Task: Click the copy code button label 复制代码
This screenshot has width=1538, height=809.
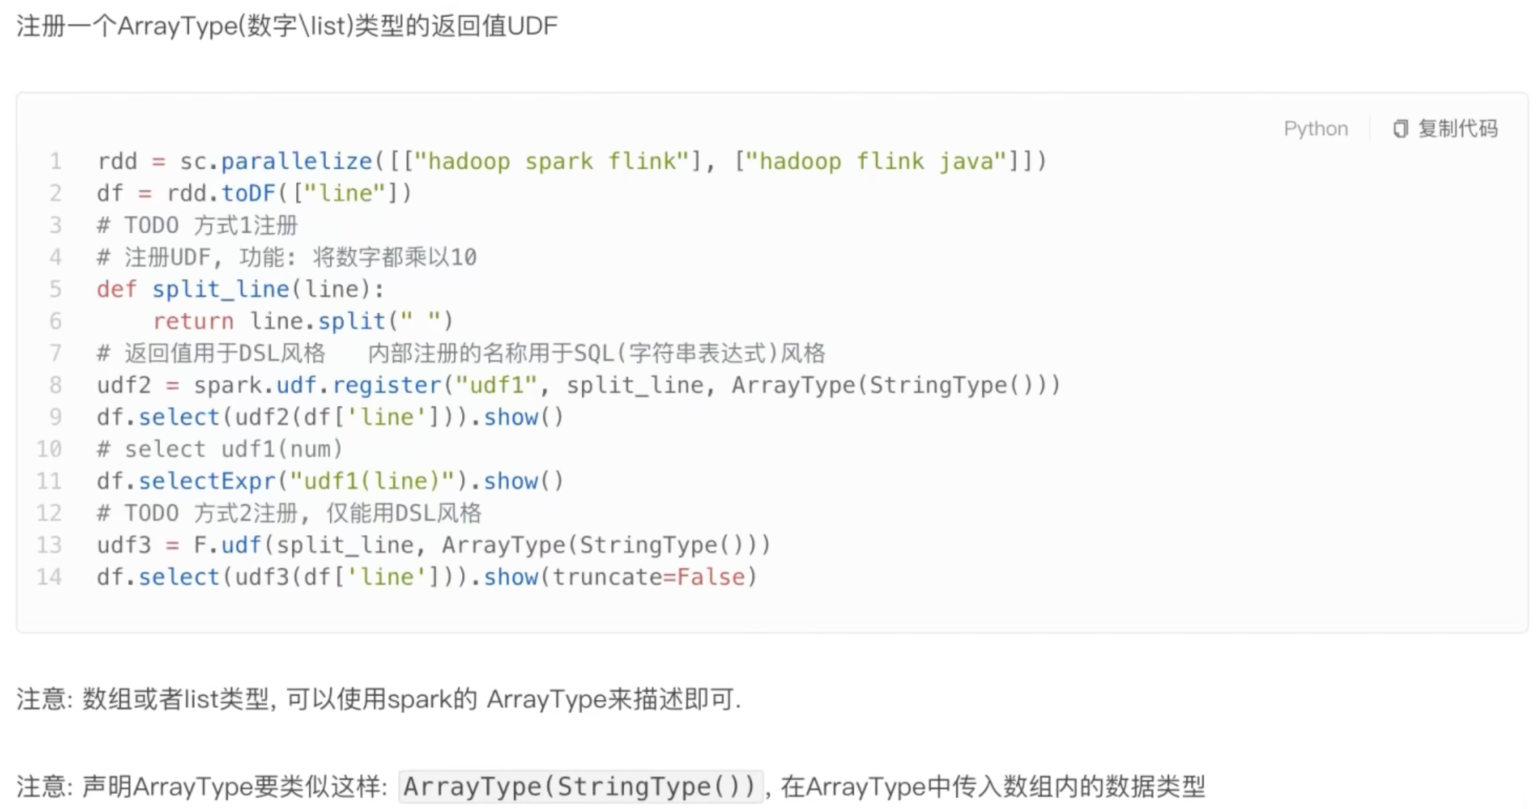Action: click(1457, 128)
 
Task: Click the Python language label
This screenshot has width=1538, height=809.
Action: click(1315, 128)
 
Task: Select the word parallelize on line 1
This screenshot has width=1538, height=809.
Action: click(296, 161)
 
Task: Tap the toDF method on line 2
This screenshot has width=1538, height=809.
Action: click(248, 193)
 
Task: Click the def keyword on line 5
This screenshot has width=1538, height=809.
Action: click(117, 289)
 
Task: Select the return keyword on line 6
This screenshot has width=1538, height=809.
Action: click(193, 321)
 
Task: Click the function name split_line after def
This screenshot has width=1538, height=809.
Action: click(220, 289)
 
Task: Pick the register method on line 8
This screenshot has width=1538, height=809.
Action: click(386, 385)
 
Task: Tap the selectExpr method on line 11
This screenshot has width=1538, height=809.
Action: click(207, 481)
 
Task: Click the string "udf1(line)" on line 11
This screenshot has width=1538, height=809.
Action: click(372, 481)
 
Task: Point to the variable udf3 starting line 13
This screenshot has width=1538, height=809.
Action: click(124, 545)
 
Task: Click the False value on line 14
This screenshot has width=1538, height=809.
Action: click(710, 577)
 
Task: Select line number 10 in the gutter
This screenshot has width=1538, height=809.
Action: click(49, 449)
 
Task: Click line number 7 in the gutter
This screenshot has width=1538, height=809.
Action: click(55, 353)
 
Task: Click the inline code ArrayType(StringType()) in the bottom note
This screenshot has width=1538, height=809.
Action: click(580, 787)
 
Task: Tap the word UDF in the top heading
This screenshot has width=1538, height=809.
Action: click(532, 26)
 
